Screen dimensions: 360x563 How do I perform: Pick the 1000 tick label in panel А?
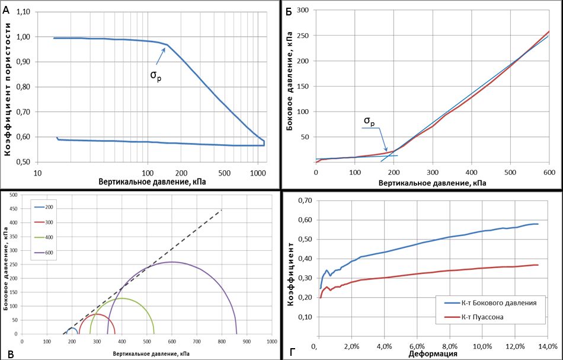coord(256,173)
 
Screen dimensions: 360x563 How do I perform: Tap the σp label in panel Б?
coord(369,123)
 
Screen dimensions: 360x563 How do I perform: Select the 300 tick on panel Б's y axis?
coord(303,10)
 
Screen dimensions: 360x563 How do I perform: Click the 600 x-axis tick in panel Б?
coord(549,173)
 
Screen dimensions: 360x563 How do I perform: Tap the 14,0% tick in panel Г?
coord(548,346)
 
